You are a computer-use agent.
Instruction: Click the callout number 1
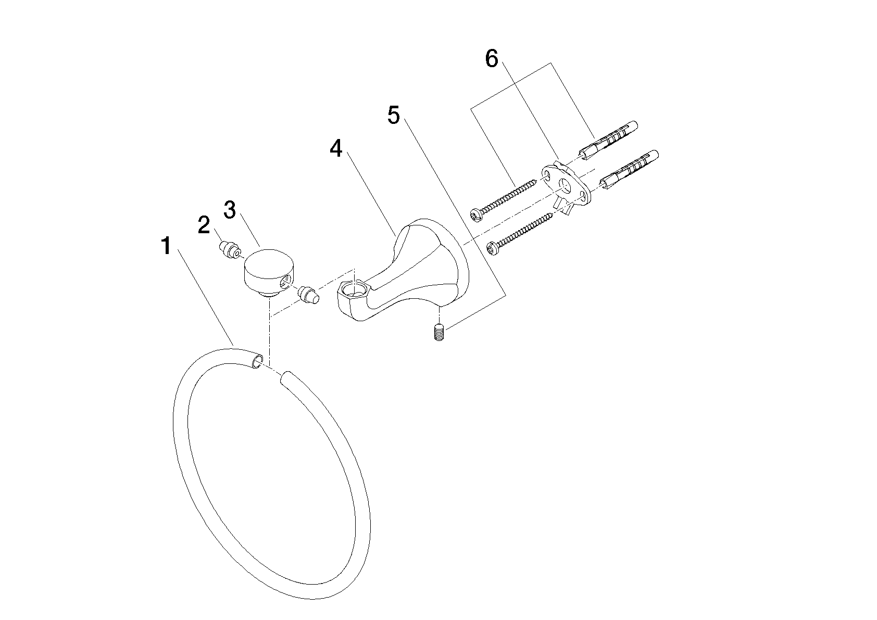[167, 246]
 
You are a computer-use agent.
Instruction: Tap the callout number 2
[204, 225]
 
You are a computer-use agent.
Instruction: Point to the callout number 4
[335, 148]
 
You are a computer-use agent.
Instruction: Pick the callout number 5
[394, 115]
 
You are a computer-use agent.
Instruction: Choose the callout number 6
[491, 59]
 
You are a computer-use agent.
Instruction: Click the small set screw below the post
[440, 332]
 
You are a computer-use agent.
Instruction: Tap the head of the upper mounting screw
[477, 216]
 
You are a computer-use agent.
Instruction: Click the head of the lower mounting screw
[492, 249]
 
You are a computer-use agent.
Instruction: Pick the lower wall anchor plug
[629, 170]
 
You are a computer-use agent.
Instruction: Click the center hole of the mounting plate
[564, 185]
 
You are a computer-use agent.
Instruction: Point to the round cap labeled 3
[270, 272]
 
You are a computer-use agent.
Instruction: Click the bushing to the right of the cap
[309, 295]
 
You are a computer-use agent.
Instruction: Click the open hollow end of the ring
[257, 360]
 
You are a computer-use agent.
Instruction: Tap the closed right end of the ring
[286, 377]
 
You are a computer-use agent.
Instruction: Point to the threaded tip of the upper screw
[534, 182]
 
